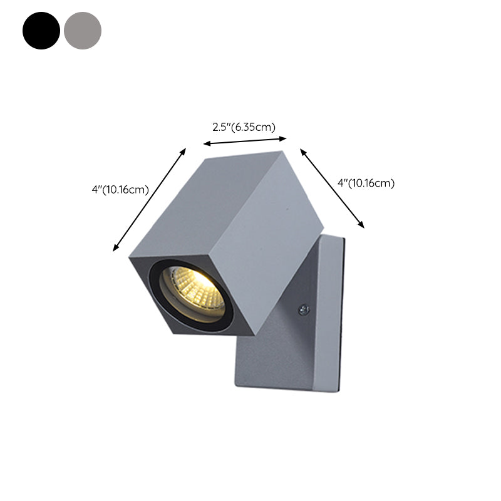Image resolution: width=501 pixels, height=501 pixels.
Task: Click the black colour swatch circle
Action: (41, 30)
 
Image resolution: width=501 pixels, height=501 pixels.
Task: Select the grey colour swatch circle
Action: (82, 30)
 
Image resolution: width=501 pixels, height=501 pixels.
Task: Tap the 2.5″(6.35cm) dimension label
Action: (244, 127)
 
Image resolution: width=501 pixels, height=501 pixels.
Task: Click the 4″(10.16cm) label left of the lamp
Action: (120, 190)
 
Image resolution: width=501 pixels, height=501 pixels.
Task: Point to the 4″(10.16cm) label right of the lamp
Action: (365, 183)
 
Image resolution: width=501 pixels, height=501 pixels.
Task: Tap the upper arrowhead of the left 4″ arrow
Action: (185, 149)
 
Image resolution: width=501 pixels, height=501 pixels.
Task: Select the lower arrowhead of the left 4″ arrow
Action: (115, 249)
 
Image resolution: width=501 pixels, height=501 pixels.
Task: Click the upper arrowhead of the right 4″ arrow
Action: (302, 150)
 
